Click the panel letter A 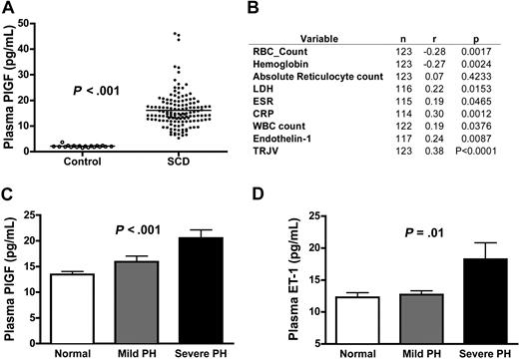click(9, 9)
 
